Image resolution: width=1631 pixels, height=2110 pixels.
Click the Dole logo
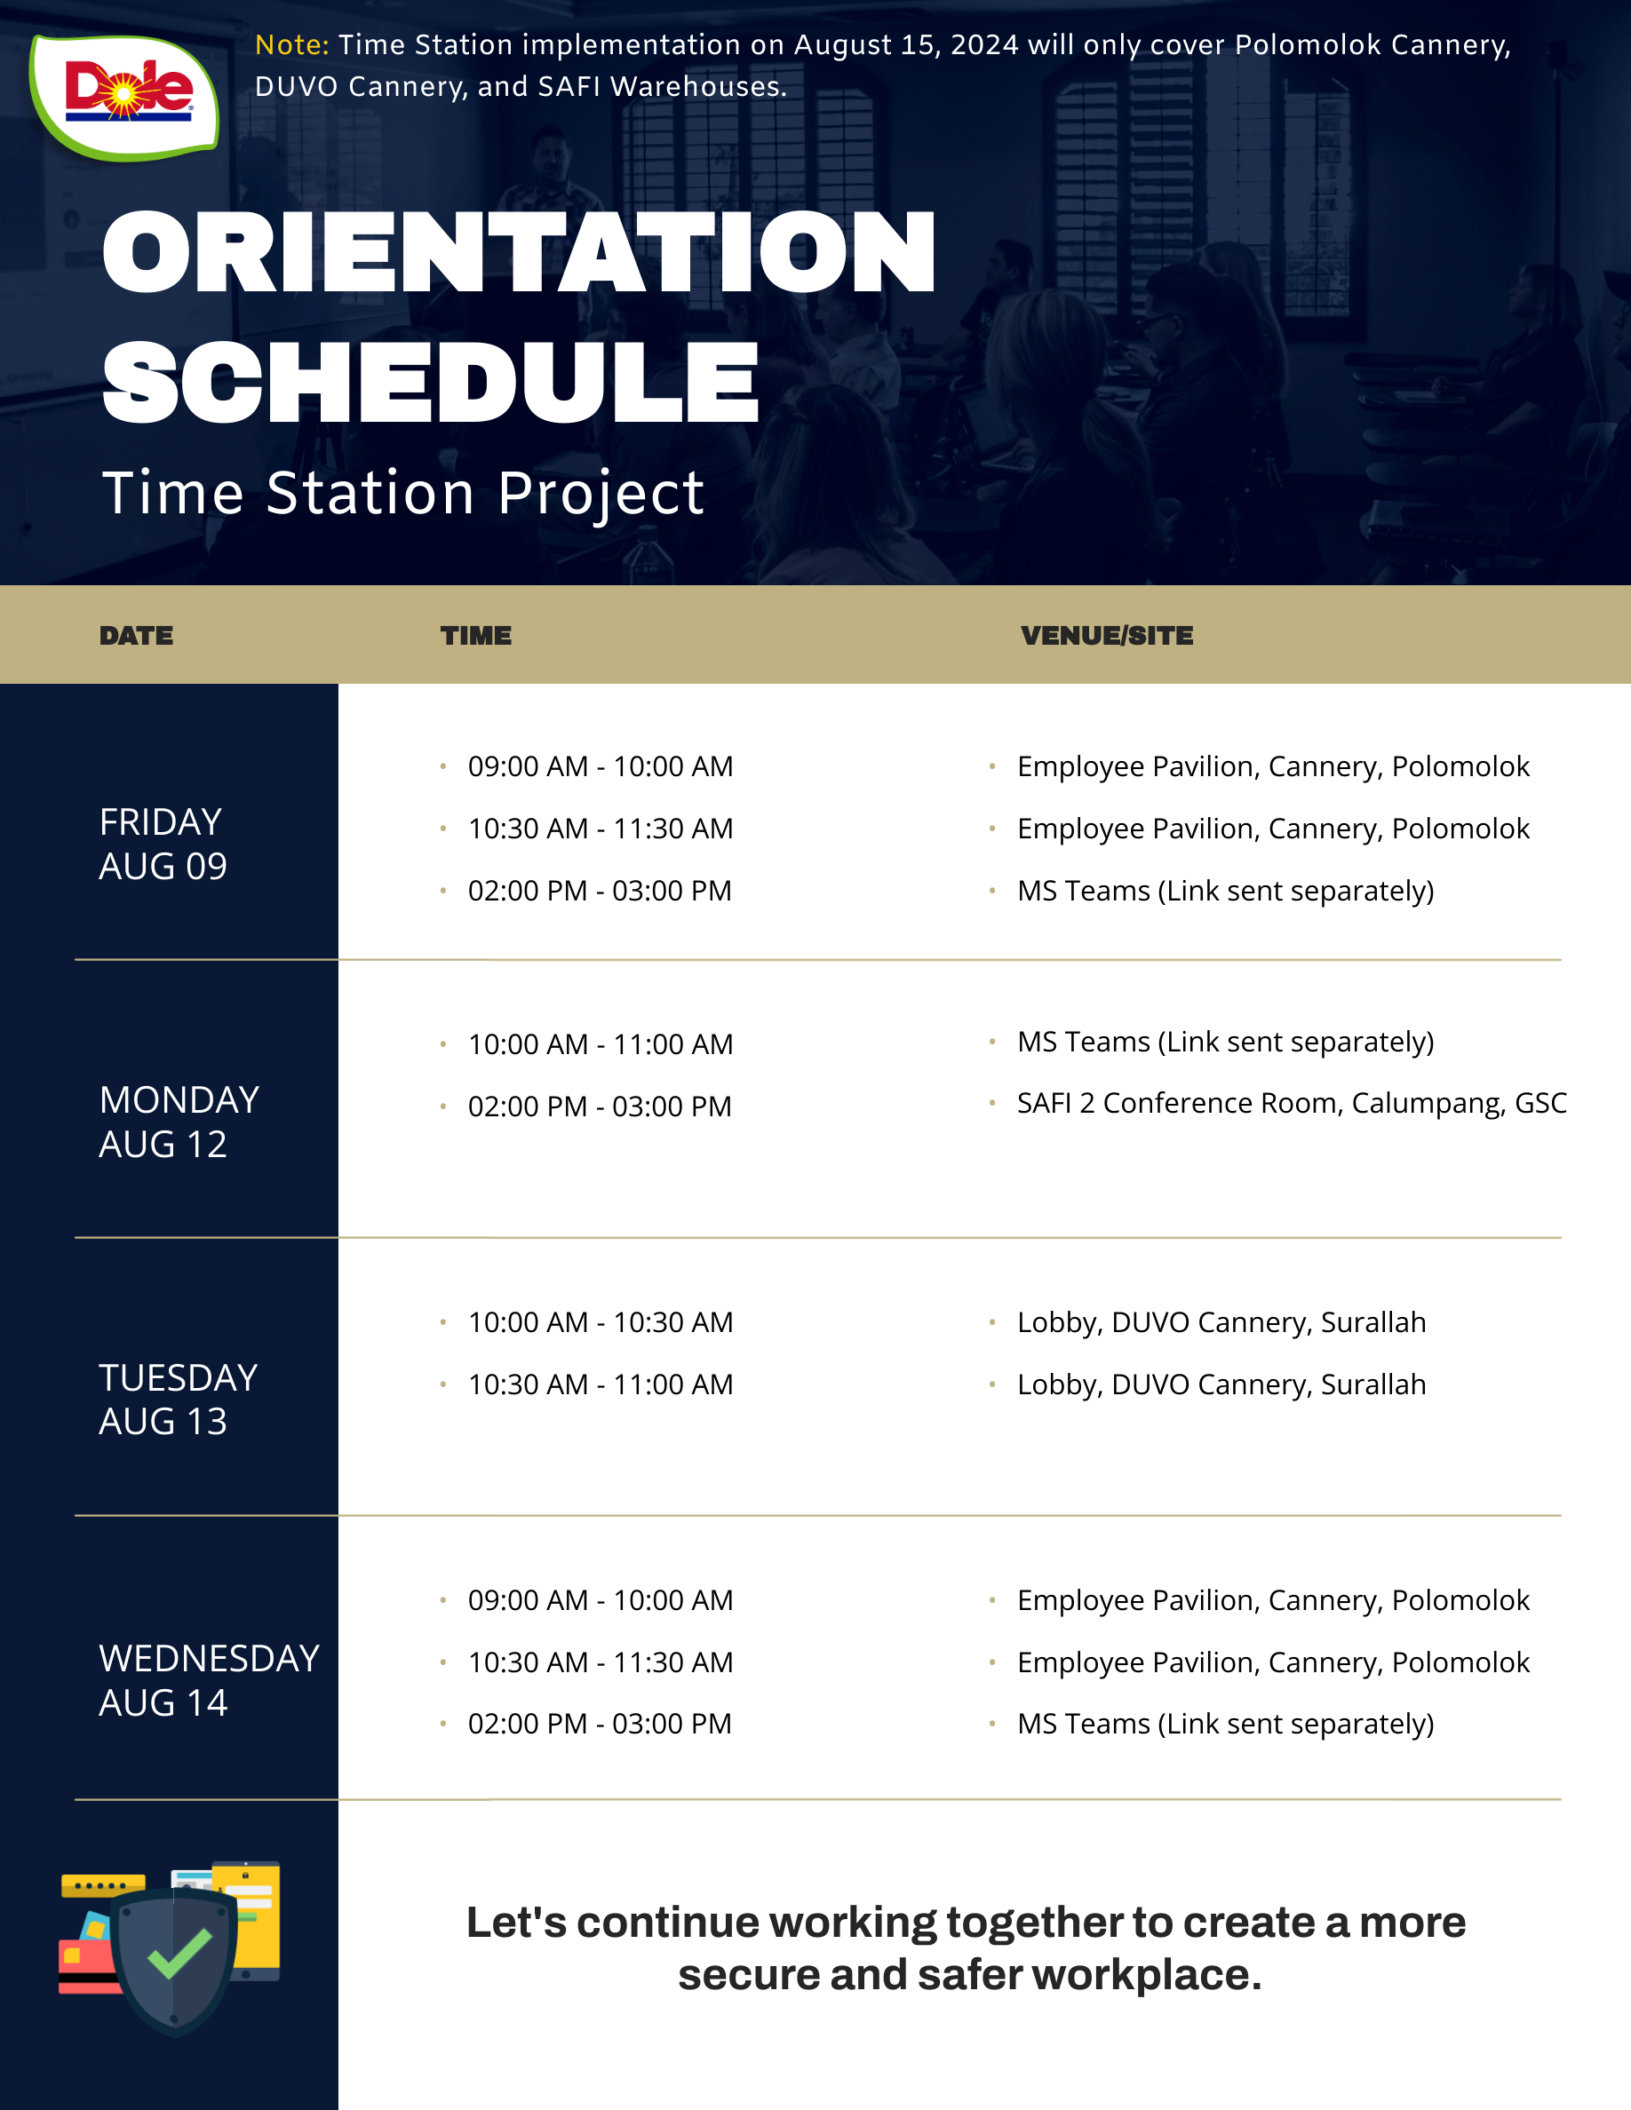[x=124, y=96]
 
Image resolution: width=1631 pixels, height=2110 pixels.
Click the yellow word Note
[x=291, y=45]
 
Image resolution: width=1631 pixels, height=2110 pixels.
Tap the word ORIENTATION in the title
[x=519, y=252]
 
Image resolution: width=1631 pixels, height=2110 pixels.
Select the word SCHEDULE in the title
[x=431, y=383]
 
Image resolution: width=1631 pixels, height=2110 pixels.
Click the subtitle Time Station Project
[x=403, y=493]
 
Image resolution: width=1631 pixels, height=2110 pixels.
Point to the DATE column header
[x=136, y=636]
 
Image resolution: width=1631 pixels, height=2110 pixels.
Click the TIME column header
[x=476, y=636]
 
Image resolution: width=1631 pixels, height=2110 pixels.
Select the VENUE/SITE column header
[x=1107, y=636]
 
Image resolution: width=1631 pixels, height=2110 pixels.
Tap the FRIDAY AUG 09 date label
[x=163, y=844]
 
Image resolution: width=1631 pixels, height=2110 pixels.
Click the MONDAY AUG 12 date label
[x=179, y=1122]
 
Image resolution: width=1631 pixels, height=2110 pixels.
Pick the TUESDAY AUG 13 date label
[x=178, y=1399]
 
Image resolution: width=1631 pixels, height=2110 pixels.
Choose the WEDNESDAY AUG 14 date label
[x=209, y=1680]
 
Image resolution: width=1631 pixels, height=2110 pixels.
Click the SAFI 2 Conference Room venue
[x=1292, y=1103]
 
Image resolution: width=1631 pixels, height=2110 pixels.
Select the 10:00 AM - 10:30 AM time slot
[x=600, y=1322]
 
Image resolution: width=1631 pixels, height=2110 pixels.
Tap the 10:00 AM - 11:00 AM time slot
[x=600, y=1044]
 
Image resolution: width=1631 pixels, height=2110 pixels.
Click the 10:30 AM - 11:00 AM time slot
[x=600, y=1384]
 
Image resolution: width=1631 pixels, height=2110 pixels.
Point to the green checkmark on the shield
[x=179, y=1953]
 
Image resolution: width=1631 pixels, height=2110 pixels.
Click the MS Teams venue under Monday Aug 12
[x=1225, y=1042]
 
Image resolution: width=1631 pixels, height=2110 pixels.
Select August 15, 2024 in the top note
[x=906, y=45]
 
